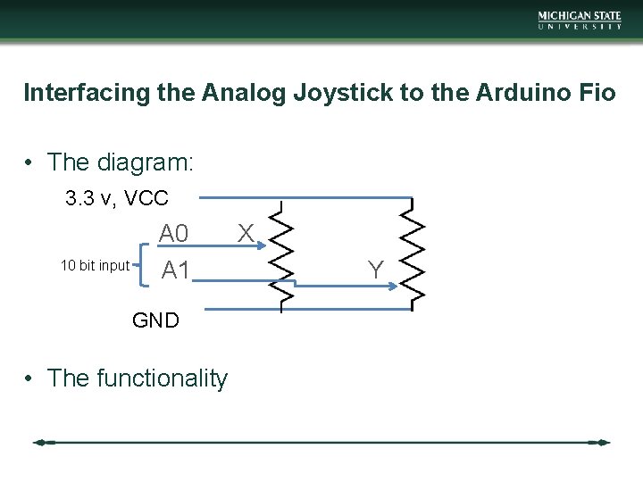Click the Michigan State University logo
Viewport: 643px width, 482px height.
tap(580, 20)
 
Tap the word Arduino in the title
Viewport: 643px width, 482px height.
tap(515, 92)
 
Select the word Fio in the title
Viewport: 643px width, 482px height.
tap(595, 92)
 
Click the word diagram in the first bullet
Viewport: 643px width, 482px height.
tap(142, 162)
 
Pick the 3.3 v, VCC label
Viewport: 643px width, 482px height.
tap(117, 198)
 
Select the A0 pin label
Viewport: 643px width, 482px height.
tap(174, 234)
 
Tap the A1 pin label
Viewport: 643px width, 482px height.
tap(175, 270)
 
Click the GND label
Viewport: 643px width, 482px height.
tap(155, 320)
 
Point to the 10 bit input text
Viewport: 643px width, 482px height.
tap(95, 265)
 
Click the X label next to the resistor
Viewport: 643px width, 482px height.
tap(246, 234)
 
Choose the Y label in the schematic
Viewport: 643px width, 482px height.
tap(376, 269)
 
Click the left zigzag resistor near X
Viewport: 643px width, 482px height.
tap(282, 254)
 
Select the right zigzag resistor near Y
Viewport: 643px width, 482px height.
tap(412, 254)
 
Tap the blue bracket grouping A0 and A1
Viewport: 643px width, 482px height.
tap(146, 264)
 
